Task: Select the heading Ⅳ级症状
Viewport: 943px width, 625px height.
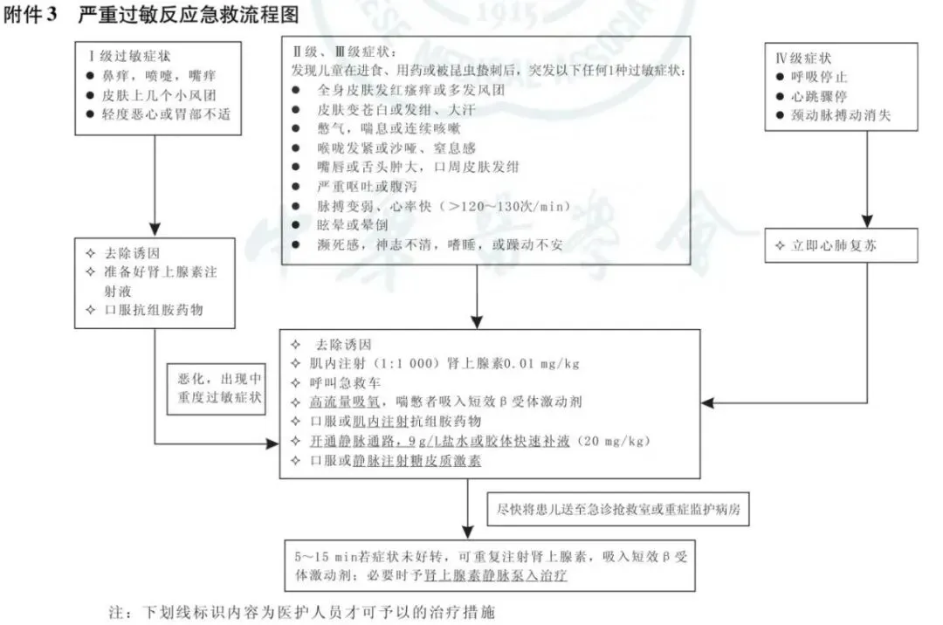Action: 803,58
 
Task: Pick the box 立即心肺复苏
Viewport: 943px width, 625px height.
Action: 835,246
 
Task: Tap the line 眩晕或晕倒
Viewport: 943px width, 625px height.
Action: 353,225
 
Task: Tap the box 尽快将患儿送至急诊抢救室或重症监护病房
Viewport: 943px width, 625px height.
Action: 617,509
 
